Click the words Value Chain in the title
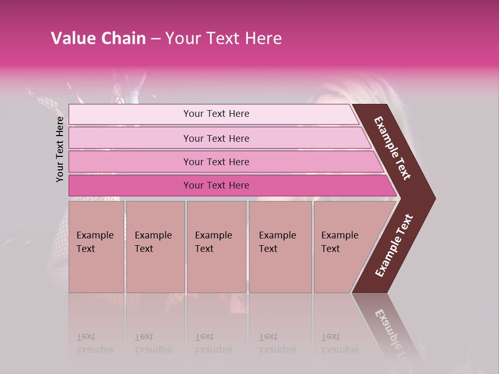click(x=98, y=38)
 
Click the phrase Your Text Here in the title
click(x=224, y=38)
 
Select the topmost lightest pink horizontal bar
click(x=216, y=114)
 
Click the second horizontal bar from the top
click(x=216, y=138)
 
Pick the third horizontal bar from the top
click(x=216, y=162)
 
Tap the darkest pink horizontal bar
click(x=216, y=185)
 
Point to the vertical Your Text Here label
click(x=60, y=149)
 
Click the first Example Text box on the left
click(x=96, y=247)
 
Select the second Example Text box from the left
click(x=155, y=247)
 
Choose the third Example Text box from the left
click(x=216, y=247)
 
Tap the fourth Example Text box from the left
click(x=280, y=247)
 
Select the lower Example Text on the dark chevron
click(x=394, y=245)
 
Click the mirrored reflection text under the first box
click(x=95, y=343)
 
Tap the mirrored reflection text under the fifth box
click(x=340, y=343)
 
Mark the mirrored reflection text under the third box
click(x=214, y=343)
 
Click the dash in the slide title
click(x=155, y=39)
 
